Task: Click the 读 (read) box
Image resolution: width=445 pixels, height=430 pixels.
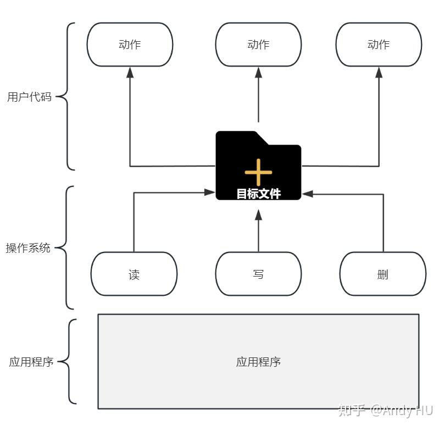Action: pyautogui.click(x=134, y=274)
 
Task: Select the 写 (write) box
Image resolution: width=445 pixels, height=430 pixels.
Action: pyautogui.click(x=258, y=274)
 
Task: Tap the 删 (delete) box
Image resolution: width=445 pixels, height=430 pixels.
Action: pyautogui.click(x=383, y=274)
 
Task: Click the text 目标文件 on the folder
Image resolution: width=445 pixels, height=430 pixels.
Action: pyautogui.click(x=258, y=194)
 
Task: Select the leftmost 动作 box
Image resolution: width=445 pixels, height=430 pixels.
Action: pyautogui.click(x=130, y=45)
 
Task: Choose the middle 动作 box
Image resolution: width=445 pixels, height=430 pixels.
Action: pyautogui.click(x=258, y=45)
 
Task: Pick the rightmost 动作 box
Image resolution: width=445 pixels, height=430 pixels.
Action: pyautogui.click(x=379, y=45)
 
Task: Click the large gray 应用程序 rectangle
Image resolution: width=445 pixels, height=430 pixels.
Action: pyautogui.click(x=258, y=361)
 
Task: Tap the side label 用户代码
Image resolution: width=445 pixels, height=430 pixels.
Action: pyautogui.click(x=29, y=97)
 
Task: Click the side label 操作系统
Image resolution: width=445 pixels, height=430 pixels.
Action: pyautogui.click(x=28, y=248)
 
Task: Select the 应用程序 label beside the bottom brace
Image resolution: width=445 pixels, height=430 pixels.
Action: pyautogui.click(x=31, y=362)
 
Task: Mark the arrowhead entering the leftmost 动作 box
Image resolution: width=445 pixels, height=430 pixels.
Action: pyautogui.click(x=130, y=72)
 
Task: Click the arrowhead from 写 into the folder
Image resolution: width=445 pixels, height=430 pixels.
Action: pyautogui.click(x=258, y=214)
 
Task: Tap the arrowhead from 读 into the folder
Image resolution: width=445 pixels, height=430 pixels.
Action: pyautogui.click(x=209, y=192)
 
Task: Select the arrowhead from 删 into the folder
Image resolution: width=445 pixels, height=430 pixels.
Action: pyautogui.click(x=308, y=194)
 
